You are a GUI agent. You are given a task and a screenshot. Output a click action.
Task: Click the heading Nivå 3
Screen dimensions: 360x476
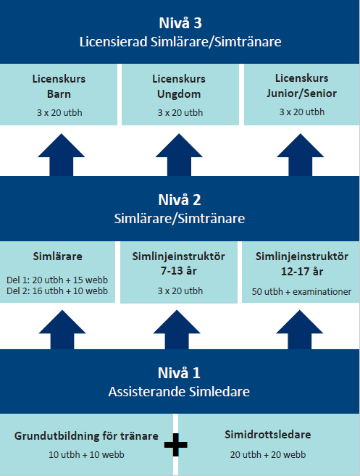click(180, 23)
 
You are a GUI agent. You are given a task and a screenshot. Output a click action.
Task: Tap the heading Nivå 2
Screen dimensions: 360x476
click(180, 200)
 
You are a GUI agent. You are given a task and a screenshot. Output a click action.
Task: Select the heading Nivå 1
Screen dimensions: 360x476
click(179, 373)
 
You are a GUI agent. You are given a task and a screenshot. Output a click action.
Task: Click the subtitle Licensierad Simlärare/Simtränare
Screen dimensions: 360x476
click(180, 41)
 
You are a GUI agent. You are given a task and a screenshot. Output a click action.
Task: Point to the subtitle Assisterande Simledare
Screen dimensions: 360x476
click(179, 392)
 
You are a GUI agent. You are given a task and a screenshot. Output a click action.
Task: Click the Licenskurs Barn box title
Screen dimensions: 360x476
click(59, 86)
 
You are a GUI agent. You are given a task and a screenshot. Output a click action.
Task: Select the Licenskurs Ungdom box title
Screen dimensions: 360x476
click(179, 86)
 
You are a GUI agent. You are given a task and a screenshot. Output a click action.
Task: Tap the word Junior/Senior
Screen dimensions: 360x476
click(302, 93)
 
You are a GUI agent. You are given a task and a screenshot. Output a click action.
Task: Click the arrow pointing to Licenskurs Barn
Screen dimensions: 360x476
click(62, 154)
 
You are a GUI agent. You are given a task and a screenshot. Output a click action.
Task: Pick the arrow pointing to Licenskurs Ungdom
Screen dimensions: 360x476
click(179, 154)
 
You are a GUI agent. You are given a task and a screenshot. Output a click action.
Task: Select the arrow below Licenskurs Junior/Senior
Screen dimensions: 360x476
click(300, 154)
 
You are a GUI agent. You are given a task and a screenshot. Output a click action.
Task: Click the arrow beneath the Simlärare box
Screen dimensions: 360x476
click(62, 330)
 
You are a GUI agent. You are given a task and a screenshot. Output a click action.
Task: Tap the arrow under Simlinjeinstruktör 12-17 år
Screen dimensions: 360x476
click(300, 330)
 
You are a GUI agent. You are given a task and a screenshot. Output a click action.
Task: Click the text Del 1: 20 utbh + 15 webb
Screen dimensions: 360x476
click(57, 280)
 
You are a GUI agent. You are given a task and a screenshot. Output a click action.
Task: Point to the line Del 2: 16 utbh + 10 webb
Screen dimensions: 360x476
click(57, 291)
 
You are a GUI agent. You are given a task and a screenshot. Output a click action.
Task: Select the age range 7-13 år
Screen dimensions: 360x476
click(179, 270)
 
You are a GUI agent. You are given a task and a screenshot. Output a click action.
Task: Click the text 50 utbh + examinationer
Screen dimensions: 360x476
click(301, 292)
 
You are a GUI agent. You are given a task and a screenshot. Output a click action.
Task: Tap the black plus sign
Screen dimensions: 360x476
click(176, 445)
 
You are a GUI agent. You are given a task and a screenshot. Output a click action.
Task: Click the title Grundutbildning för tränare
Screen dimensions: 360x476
click(86, 436)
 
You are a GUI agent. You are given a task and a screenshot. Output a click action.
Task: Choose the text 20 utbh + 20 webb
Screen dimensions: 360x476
click(268, 455)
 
